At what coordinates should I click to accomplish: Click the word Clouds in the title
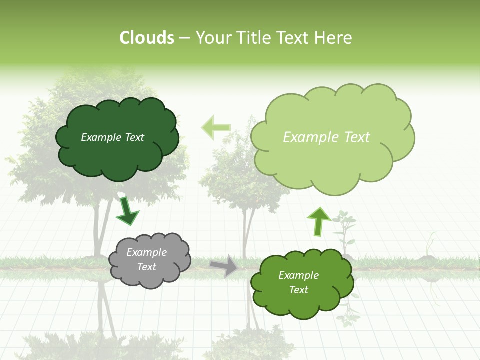point(147,38)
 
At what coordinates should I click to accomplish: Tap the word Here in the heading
point(333,38)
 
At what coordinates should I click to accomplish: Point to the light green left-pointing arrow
point(215,127)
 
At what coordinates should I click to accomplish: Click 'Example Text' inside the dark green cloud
point(112,137)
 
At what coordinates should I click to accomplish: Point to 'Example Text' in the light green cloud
point(326,137)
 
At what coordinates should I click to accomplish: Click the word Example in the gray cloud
point(147,252)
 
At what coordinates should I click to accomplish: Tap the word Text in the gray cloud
point(147,267)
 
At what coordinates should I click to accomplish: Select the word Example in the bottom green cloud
point(298,275)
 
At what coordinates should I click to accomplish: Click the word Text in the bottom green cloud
point(298,290)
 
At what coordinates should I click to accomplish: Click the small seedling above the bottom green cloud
point(345,230)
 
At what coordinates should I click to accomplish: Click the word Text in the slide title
point(292,38)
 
